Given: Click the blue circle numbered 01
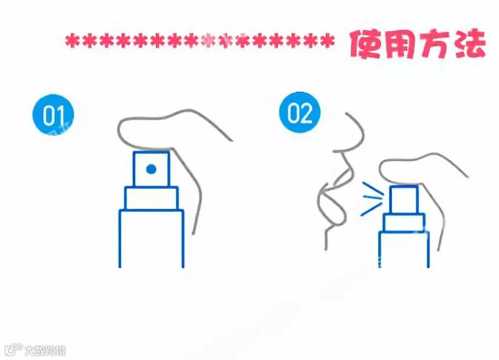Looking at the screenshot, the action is (53, 115).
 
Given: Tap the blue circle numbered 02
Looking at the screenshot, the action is (300, 112).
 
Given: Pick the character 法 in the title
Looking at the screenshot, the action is (470, 44).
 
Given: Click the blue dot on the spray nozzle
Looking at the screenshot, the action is (151, 169).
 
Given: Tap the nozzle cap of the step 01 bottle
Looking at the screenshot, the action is (151, 169).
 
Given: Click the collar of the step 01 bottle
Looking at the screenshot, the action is (151, 198).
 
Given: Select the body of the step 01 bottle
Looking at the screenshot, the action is (151, 238).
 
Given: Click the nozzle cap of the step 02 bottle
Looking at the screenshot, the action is (404, 199).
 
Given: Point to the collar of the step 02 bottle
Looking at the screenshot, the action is (404, 223).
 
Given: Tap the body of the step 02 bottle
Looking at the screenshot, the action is (404, 249).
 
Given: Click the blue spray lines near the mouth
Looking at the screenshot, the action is (371, 198).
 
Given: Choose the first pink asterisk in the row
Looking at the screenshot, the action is (72, 41).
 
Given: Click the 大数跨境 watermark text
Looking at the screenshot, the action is (45, 350).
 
